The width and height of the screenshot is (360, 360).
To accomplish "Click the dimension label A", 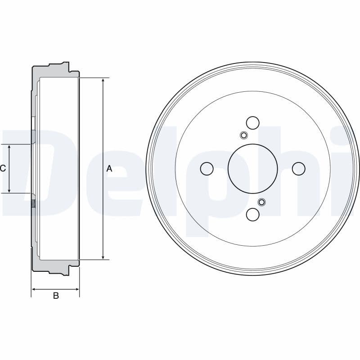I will coord(109,169).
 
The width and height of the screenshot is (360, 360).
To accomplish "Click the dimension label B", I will coord(56,296).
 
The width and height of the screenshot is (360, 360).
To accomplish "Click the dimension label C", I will coord(3,169).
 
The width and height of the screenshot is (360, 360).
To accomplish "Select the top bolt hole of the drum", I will coord(253,122).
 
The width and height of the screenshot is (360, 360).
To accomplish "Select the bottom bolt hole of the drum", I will coord(253,215).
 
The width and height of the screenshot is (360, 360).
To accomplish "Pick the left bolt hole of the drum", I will coord(207,169).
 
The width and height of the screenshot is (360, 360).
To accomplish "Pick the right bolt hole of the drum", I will coord(299,169).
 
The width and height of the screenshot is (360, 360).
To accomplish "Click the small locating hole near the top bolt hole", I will coord(243,135).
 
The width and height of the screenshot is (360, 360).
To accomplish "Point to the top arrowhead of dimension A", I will coord(103,81).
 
